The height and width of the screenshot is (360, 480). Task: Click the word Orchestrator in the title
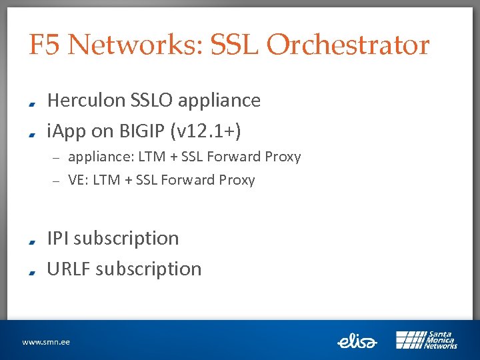(347, 45)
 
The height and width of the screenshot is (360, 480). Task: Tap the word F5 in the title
(45, 45)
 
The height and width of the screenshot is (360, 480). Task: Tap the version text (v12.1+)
(206, 131)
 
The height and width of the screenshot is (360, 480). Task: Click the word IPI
(58, 238)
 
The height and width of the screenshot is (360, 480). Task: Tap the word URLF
(69, 269)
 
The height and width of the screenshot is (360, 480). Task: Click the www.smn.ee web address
(46, 342)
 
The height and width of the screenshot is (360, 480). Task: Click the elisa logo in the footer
(357, 341)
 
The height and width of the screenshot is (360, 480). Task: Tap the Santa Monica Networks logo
(426, 340)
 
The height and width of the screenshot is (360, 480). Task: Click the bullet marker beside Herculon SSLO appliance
(32, 103)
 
